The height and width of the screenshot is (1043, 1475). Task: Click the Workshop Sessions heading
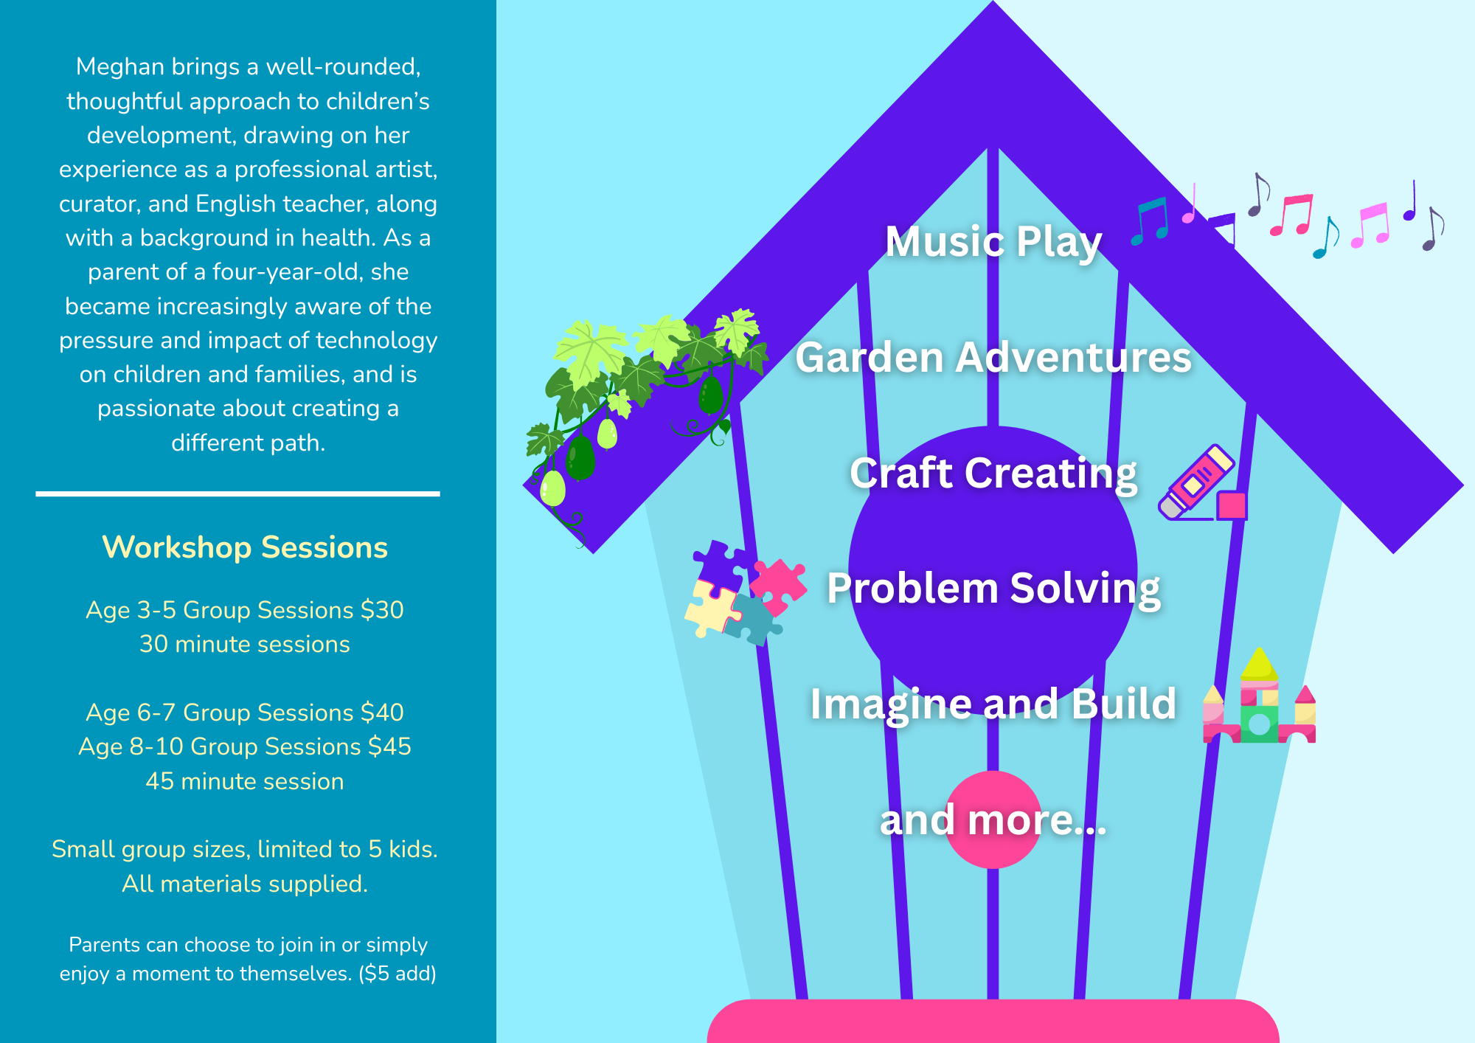[x=245, y=547]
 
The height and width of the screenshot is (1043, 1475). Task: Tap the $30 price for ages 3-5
[x=382, y=610]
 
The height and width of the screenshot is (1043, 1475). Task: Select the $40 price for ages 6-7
[x=382, y=713]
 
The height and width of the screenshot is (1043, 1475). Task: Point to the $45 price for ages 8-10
[x=389, y=746]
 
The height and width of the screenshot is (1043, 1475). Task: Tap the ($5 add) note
[x=398, y=974]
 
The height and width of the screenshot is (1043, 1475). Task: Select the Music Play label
[x=993, y=241]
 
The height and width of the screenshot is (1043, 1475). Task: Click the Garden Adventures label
[x=993, y=357]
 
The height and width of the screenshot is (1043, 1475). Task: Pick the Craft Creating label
[x=993, y=473]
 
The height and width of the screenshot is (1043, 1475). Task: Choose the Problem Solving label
[x=993, y=589]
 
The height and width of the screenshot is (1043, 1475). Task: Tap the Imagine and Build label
[x=993, y=704]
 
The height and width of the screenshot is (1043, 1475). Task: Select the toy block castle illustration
[x=1259, y=704]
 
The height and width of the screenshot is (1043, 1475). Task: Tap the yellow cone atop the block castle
[x=1259, y=664]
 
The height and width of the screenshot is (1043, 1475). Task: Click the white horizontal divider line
[x=237, y=493]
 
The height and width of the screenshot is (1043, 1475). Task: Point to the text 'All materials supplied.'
[x=245, y=884]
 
